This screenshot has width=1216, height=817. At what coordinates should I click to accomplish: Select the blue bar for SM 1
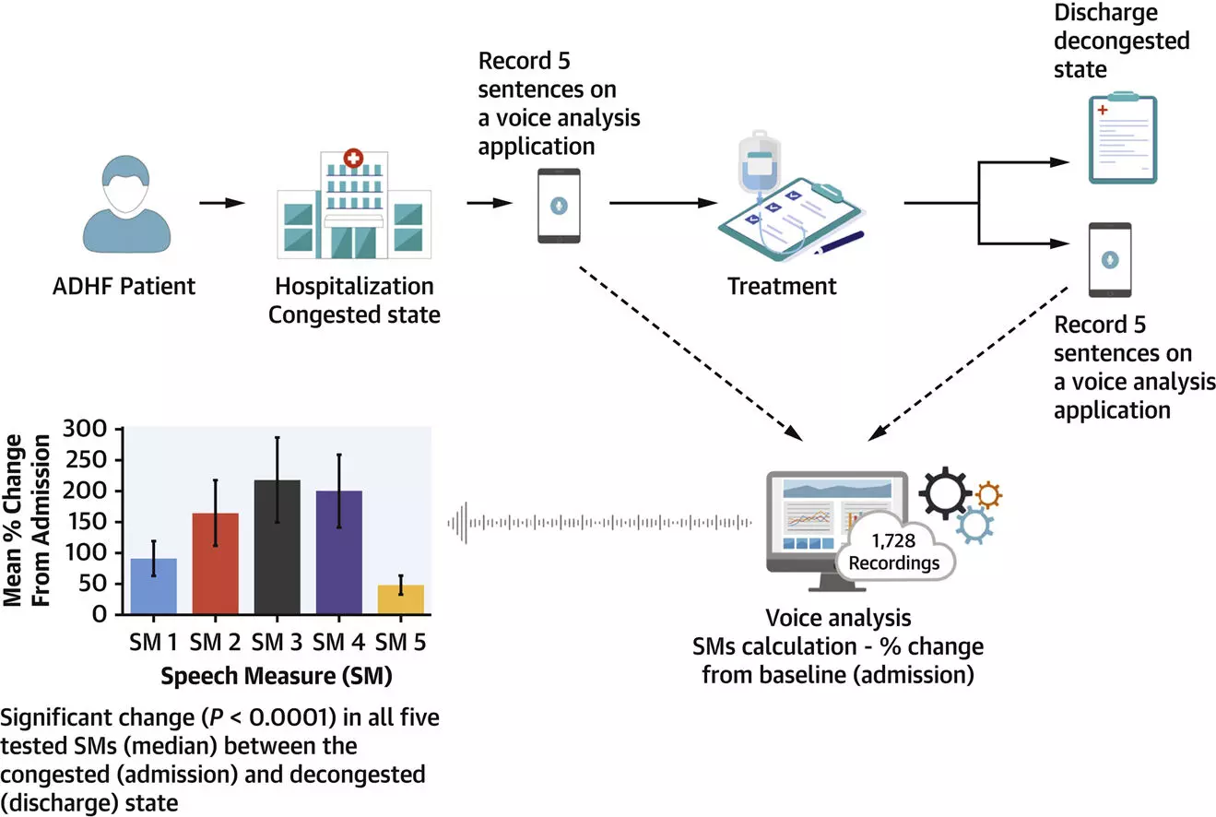coord(153,586)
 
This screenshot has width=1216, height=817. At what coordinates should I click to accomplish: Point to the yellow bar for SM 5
coord(401,599)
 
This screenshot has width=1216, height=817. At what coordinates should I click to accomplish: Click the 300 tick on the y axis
coord(93,429)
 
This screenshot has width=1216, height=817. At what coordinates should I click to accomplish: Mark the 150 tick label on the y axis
coord(93,522)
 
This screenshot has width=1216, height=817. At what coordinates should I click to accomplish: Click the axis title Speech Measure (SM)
coord(277,676)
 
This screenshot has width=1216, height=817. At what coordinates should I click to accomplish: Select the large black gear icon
coord(945,493)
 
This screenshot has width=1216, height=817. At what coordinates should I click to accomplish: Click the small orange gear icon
coord(988,495)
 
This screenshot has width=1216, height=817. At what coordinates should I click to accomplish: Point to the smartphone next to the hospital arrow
coord(559,206)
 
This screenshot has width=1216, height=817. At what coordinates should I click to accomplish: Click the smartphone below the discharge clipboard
coord(1109,260)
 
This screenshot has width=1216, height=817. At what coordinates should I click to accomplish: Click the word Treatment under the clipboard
coord(782,286)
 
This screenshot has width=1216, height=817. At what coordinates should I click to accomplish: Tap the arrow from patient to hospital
coord(222,203)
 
